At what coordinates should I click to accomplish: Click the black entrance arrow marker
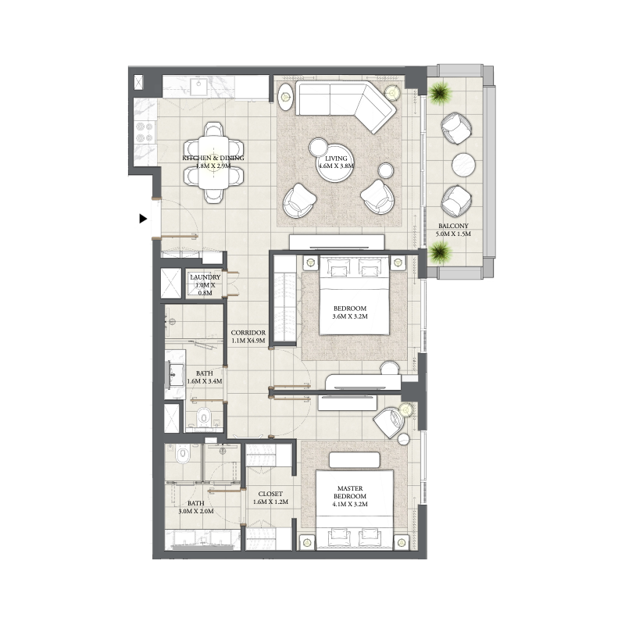143,219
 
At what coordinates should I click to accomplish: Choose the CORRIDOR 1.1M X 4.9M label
248,337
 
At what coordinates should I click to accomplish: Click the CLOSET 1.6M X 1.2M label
270,498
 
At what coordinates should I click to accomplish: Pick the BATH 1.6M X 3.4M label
204,377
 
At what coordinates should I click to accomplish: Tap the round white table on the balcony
464,165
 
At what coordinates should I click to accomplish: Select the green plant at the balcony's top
440,93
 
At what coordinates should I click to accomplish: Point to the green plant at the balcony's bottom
440,252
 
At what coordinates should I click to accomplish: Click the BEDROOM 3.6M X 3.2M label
349,313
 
